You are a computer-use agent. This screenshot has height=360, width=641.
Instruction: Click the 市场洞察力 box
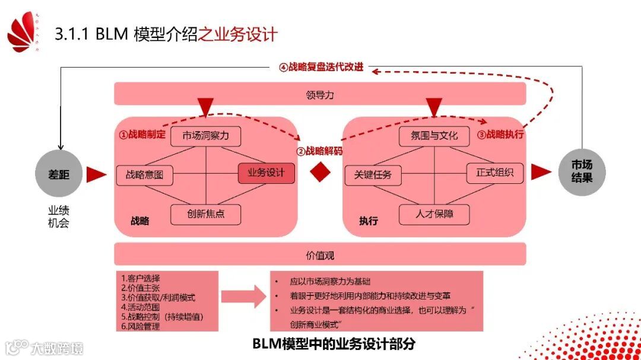[205, 136]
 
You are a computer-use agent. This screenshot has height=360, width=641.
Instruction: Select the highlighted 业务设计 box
[266, 173]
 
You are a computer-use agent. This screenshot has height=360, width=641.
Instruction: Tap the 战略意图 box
[144, 175]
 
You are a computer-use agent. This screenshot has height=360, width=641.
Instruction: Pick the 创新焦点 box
[205, 214]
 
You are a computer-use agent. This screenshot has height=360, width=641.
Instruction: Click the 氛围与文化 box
[434, 136]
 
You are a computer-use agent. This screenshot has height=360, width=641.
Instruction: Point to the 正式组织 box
[495, 173]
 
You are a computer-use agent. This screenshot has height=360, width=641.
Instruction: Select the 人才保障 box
[434, 214]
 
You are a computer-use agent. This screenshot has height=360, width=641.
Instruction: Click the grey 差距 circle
[59, 174]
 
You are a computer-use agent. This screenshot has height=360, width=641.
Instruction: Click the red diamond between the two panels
[319, 173]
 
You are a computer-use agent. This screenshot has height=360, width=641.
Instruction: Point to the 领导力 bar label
[320, 94]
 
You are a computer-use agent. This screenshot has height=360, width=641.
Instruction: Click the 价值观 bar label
[320, 255]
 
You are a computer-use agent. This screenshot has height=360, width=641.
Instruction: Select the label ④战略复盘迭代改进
[320, 68]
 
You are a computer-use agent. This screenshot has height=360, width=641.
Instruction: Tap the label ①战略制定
[142, 135]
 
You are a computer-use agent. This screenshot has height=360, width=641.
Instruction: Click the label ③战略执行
[500, 135]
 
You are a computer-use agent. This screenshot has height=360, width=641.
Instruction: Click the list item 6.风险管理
[140, 326]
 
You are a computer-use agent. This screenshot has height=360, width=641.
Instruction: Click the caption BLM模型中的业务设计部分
[334, 344]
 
